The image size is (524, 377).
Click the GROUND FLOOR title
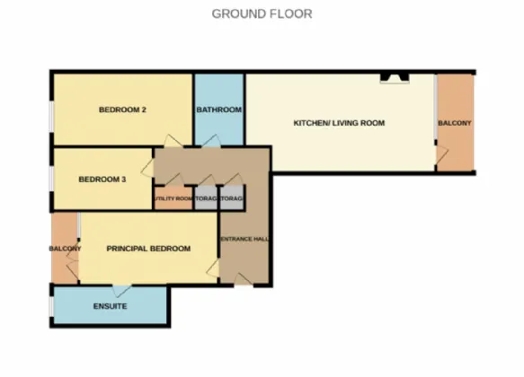262,13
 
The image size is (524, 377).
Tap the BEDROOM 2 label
122,110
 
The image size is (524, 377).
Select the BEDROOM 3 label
102,180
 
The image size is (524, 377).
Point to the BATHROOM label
219,110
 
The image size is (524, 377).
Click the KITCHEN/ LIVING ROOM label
339,122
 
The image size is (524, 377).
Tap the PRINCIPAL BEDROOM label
148,249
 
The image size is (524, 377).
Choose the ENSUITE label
110,308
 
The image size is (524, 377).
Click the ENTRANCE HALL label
244,239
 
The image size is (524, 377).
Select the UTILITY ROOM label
173,198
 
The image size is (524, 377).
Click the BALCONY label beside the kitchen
454,123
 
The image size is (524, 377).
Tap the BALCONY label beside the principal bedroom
65,249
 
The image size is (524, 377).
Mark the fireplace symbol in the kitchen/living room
393,78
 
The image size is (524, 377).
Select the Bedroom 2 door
171,141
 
